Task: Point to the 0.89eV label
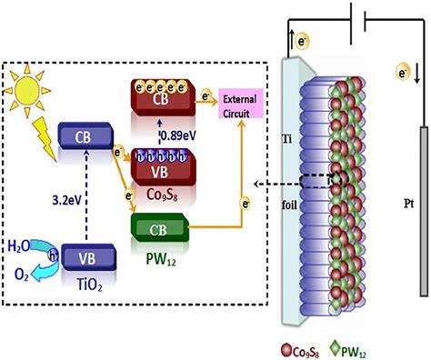(x=175, y=134)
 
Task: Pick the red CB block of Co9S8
(x=162, y=97)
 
